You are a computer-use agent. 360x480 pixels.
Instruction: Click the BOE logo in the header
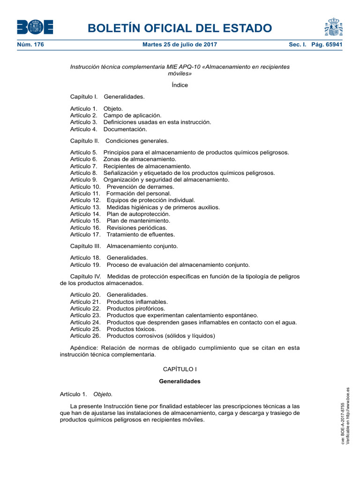click(x=35, y=27)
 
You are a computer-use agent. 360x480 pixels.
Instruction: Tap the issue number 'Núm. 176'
click(x=30, y=45)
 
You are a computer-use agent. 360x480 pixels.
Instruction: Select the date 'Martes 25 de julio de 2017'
click(x=180, y=45)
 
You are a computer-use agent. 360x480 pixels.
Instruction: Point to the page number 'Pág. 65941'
click(x=323, y=45)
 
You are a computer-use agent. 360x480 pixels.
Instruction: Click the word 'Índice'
click(x=180, y=85)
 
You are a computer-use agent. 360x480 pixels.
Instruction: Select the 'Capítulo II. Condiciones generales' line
click(x=119, y=141)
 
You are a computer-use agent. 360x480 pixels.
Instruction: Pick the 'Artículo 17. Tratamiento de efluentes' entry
click(x=122, y=234)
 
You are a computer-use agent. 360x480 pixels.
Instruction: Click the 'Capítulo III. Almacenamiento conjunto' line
click(x=124, y=246)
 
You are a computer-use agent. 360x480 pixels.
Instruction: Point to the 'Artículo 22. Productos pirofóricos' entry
click(x=118, y=309)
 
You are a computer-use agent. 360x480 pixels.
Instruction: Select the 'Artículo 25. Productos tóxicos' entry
click(x=113, y=329)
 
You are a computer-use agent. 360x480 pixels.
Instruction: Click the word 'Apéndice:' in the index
click(x=84, y=348)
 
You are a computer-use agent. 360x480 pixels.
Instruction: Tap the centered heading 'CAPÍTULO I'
click(x=180, y=370)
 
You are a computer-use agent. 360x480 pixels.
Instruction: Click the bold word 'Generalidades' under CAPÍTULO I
click(x=180, y=382)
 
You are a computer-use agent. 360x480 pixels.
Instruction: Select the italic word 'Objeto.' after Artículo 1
click(x=103, y=394)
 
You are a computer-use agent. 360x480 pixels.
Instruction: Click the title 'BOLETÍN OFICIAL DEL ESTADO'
click(x=180, y=28)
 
